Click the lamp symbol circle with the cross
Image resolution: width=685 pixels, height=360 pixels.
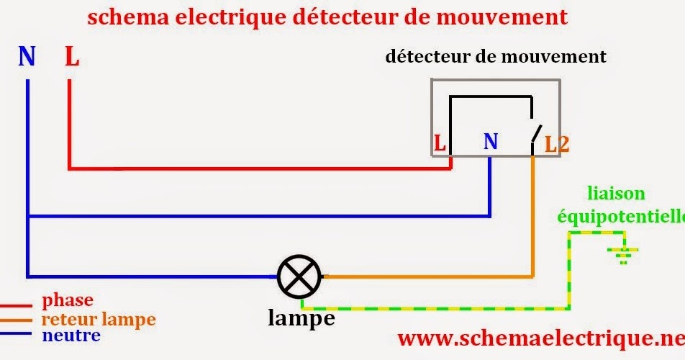(x=299, y=276)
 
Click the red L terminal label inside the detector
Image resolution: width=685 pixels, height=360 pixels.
(x=439, y=143)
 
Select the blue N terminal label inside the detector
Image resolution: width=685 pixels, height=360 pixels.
(x=490, y=142)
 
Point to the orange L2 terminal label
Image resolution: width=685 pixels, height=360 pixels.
(x=556, y=144)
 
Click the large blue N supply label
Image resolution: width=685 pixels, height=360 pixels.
(x=27, y=56)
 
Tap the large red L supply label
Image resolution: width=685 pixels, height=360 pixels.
(x=71, y=56)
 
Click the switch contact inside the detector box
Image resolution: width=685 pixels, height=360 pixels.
(x=535, y=133)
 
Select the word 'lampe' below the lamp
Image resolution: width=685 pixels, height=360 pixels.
(x=301, y=318)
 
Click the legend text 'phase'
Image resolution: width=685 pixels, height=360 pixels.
(x=68, y=300)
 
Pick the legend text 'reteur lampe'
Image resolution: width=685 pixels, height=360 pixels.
(x=99, y=318)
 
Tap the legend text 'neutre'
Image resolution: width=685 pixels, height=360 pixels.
(x=71, y=336)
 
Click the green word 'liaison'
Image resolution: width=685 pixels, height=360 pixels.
(x=616, y=193)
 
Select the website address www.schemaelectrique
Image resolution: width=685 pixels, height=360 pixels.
(x=540, y=338)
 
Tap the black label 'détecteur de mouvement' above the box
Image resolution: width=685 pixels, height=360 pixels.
(x=495, y=57)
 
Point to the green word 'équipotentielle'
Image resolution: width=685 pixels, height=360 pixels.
(x=619, y=215)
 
